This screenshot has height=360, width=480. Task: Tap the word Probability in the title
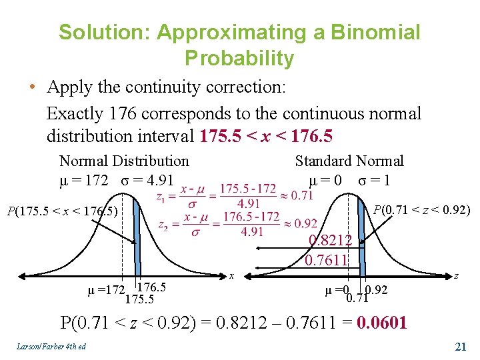click(x=239, y=59)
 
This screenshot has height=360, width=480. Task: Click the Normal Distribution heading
click(x=124, y=161)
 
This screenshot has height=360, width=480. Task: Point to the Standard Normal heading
click(x=349, y=161)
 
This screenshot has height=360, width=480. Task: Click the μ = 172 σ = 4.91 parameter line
click(x=116, y=180)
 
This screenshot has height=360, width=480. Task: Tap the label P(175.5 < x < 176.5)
click(x=61, y=212)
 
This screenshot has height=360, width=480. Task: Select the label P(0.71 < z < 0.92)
click(x=421, y=211)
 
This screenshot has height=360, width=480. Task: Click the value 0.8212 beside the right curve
click(x=330, y=241)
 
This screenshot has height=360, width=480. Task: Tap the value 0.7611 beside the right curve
click(x=326, y=259)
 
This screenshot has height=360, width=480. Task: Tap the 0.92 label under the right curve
click(x=377, y=290)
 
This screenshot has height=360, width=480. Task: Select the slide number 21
click(x=459, y=346)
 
